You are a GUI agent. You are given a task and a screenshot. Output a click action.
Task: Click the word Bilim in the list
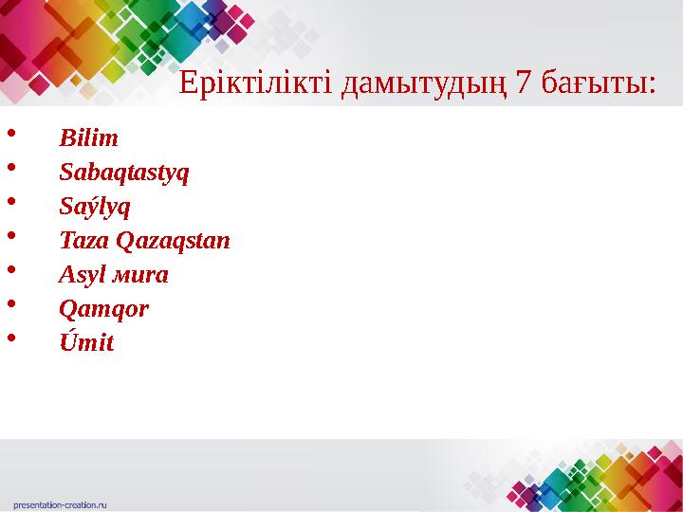pos(88,138)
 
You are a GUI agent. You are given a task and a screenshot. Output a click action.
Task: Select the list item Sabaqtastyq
pos(124,174)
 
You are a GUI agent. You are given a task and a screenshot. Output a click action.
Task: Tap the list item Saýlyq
pos(95,207)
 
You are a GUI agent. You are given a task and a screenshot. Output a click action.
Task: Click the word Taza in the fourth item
pos(83,241)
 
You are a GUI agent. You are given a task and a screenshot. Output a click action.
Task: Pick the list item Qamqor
pos(103,309)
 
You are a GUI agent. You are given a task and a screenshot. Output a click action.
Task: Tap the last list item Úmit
pos(86,342)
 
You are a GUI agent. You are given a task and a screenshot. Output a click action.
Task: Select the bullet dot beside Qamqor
pos(10,304)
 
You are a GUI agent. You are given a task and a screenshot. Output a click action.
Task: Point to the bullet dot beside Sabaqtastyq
pos(10,168)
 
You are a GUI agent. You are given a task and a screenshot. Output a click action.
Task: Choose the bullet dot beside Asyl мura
pos(10,270)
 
